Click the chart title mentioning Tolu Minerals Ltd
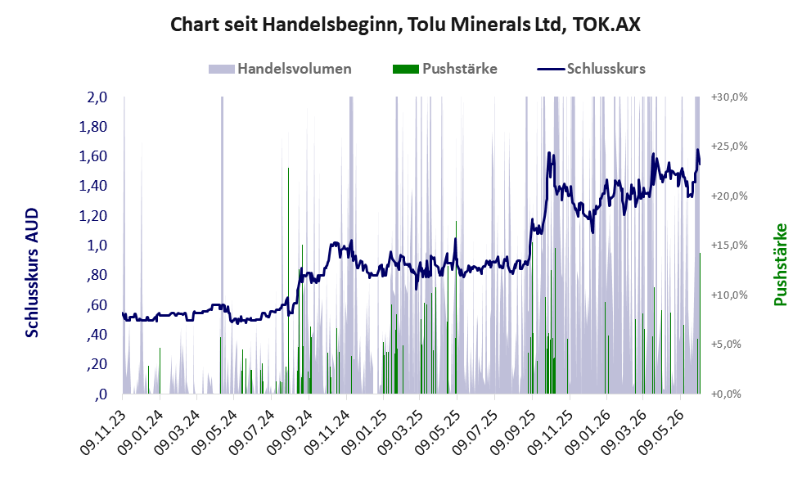pyautogui.click(x=405, y=25)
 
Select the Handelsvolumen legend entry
pyautogui.click(x=280, y=69)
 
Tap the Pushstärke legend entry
pyautogui.click(x=445, y=69)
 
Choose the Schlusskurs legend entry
pyautogui.click(x=591, y=69)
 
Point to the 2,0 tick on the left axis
pyautogui.click(x=97, y=97)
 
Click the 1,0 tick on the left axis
pyautogui.click(x=97, y=246)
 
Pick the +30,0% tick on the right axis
pyautogui.click(x=729, y=97)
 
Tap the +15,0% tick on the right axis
pyautogui.click(x=729, y=246)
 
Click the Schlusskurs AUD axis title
pyautogui.click(x=32, y=273)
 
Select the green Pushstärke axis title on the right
pyautogui.click(x=781, y=264)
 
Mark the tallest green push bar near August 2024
pyautogui.click(x=289, y=281)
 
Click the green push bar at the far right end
pyautogui.click(x=700, y=323)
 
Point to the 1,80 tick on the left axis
pyautogui.click(x=93, y=127)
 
